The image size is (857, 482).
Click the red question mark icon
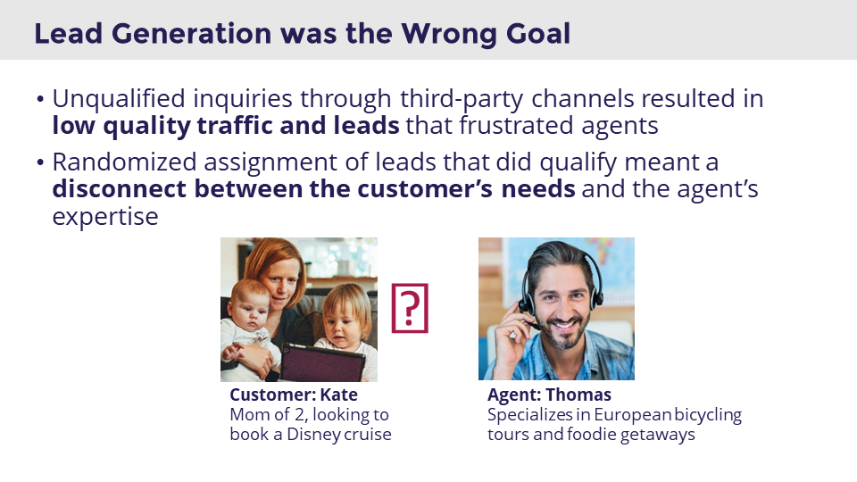point(410,308)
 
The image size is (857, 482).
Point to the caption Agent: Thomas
point(549,395)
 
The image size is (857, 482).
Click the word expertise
point(105,217)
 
